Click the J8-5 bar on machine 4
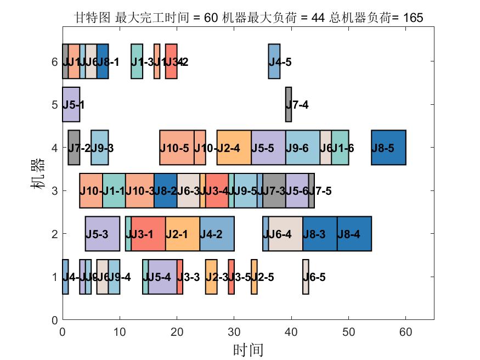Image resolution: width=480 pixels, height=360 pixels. tap(388, 148)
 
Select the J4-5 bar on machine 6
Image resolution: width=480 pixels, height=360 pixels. tap(274, 61)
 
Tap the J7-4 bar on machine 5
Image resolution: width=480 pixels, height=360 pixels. tap(289, 104)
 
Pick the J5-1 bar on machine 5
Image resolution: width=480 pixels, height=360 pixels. tap(71, 104)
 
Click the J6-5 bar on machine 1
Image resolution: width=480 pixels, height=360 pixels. tap(306, 277)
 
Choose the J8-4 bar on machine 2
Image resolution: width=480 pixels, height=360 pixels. tap(354, 234)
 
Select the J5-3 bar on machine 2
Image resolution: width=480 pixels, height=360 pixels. tap(102, 234)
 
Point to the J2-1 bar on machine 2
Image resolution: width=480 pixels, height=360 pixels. tap(183, 234)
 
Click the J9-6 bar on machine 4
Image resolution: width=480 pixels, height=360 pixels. tap(303, 148)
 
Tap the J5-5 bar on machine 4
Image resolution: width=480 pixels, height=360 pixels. tap(268, 148)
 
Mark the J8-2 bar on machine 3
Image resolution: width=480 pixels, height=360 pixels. tap(165, 191)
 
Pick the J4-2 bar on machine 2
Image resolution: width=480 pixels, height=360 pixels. tap(217, 234)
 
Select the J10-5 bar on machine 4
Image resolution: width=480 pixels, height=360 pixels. tap(177, 148)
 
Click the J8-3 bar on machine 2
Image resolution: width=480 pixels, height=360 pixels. tap(320, 234)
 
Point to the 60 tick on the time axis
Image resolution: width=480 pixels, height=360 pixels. tap(406, 319)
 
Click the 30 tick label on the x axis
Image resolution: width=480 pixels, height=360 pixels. tap(234, 332)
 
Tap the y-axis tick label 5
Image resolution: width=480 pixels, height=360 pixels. tap(54, 104)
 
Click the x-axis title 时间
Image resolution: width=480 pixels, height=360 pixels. tap(248, 350)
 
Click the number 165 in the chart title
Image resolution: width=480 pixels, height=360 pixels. tap(413, 18)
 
